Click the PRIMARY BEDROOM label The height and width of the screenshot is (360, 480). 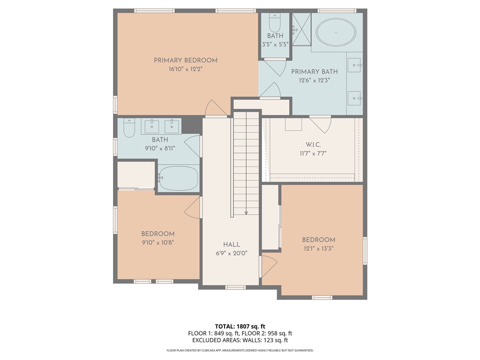coord(186,60)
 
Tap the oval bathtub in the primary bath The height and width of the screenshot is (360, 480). coord(336,32)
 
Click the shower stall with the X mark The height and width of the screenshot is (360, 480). coord(301,29)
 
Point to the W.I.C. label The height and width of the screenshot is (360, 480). coord(313,144)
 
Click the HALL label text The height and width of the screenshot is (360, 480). coord(232,244)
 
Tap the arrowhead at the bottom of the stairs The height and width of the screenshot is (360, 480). coord(246,212)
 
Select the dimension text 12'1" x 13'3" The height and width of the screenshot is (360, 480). coord(318,248)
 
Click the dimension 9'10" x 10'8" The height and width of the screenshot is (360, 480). coord(158,242)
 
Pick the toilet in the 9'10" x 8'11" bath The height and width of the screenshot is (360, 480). coord(129,128)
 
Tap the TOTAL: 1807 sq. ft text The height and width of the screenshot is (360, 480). coord(238,326)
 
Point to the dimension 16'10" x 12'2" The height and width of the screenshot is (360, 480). coord(186,69)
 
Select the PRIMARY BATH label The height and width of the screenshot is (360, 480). coord(315,72)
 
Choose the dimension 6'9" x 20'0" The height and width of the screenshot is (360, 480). coord(232,253)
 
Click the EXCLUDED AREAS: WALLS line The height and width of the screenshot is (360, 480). coord(240,340)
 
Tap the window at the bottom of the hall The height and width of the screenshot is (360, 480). coord(235,287)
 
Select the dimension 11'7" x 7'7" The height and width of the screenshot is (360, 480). coord(313,153)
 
